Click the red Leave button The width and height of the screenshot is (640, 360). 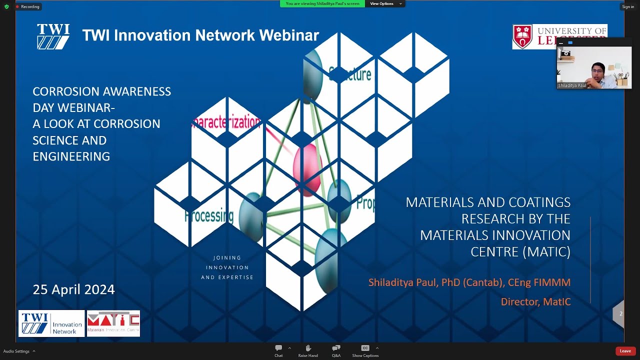[625, 351]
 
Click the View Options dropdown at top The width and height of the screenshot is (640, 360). [385, 3]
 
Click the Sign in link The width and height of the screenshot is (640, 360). [628, 6]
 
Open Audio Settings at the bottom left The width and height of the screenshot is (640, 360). [17, 351]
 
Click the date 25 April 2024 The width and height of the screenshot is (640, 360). [73, 289]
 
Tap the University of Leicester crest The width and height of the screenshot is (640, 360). [522, 36]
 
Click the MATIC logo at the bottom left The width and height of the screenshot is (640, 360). [113, 323]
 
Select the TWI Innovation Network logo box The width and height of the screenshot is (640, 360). [51, 323]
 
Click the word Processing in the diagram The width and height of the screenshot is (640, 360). [209, 216]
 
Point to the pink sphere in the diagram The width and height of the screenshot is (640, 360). [307, 169]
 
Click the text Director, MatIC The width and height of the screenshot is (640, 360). [535, 301]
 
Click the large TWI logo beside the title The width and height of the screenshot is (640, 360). [53, 36]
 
